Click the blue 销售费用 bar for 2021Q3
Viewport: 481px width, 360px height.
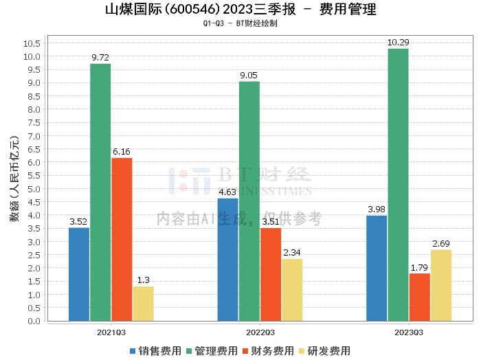click(x=79, y=274)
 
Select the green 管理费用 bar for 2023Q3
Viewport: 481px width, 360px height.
click(x=398, y=184)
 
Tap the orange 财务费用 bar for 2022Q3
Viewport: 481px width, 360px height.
click(x=271, y=274)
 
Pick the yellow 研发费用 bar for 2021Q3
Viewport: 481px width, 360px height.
click(x=143, y=303)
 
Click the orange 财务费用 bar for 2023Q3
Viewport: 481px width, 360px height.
click(x=419, y=297)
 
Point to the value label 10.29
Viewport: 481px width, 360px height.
click(x=398, y=43)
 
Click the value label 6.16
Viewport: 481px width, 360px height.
click(x=122, y=152)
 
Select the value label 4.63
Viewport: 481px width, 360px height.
click(x=228, y=192)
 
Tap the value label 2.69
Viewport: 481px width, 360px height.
click(x=440, y=244)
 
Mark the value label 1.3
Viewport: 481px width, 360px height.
click(x=143, y=280)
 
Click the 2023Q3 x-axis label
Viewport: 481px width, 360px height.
click(x=409, y=333)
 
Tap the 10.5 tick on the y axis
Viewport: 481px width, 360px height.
click(x=32, y=43)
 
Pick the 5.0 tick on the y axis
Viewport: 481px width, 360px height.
click(x=34, y=189)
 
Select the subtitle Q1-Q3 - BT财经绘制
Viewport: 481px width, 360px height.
click(x=240, y=23)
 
